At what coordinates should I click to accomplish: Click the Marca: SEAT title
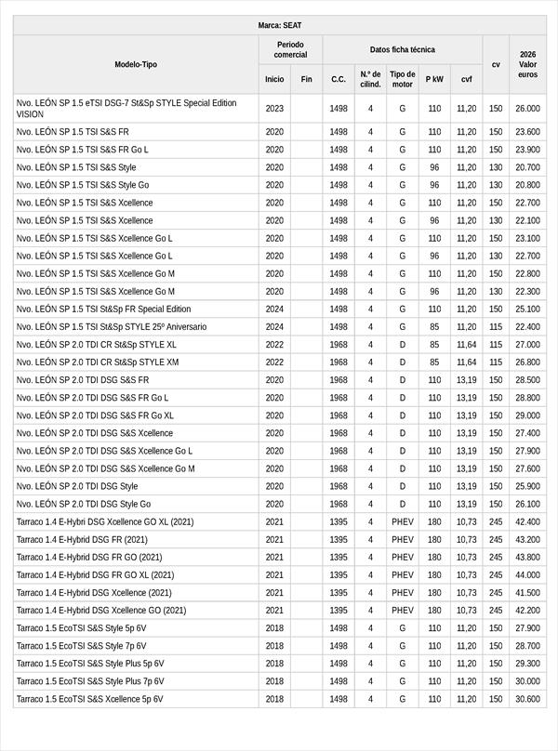pos(279,26)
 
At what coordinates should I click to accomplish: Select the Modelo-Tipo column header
pos(136,64)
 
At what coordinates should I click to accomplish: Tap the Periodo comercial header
pos(290,49)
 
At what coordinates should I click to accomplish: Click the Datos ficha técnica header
pos(402,49)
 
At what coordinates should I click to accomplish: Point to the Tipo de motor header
pos(403,79)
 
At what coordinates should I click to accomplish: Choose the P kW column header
pos(434,79)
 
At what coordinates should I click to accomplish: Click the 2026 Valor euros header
pos(527,64)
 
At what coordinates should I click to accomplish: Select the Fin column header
pos(306,79)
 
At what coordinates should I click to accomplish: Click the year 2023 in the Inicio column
pos(274,109)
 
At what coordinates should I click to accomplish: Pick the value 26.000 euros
pos(527,109)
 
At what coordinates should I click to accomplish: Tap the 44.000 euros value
pos(527,574)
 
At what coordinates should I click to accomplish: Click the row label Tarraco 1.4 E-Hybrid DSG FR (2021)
pos(82,539)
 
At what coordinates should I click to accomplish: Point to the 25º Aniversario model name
pos(112,326)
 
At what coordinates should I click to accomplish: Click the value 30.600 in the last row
pos(527,698)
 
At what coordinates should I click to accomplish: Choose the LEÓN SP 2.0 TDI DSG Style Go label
pos(84,504)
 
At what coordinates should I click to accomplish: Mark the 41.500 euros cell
pos(527,592)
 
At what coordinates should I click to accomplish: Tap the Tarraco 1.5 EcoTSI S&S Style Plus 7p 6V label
pos(90,680)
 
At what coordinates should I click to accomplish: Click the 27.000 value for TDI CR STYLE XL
pos(527,344)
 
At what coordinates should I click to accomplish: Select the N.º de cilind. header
pos(370,79)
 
